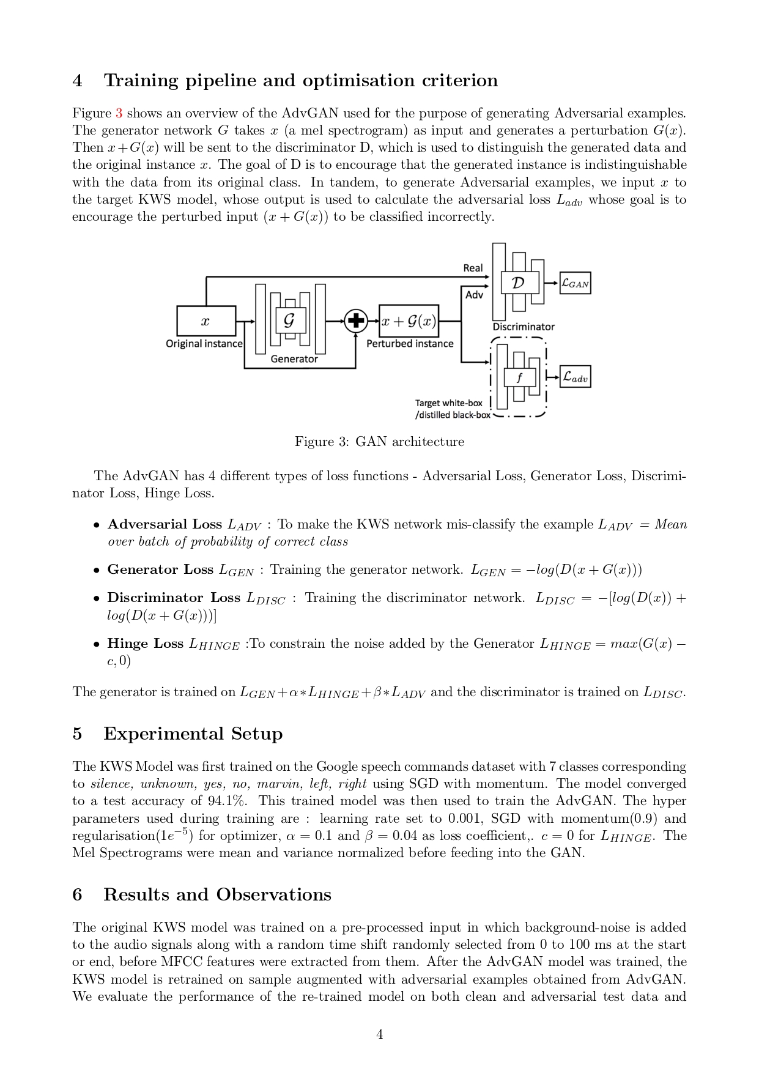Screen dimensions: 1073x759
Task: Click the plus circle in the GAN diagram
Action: pyautogui.click(x=356, y=321)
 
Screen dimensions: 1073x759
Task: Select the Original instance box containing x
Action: pyautogui.click(x=206, y=321)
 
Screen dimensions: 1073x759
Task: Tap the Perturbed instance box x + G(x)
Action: pyautogui.click(x=409, y=321)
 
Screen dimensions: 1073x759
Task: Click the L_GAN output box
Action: pyautogui.click(x=575, y=283)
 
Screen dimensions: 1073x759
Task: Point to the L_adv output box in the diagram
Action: pyautogui.click(x=575, y=377)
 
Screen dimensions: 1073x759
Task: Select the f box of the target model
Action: pyautogui.click(x=519, y=377)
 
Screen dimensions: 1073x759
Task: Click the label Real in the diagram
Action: pyautogui.click(x=473, y=268)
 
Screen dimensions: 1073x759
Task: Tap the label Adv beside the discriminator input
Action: pyautogui.click(x=474, y=295)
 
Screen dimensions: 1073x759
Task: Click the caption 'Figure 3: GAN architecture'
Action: pyautogui.click(x=379, y=442)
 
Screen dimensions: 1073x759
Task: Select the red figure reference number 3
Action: pyautogui.click(x=119, y=113)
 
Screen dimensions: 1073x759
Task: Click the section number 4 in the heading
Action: pyautogui.click(x=77, y=81)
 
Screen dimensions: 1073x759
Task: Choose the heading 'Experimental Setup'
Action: pyautogui.click(x=193, y=733)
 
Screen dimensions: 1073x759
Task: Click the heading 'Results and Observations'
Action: pyautogui.click(x=217, y=894)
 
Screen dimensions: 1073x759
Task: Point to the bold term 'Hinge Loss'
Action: pyautogui.click(x=146, y=644)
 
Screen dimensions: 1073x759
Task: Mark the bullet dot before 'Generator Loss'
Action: pyautogui.click(x=97, y=570)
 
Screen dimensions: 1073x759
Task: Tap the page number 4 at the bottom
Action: pyautogui.click(x=379, y=1034)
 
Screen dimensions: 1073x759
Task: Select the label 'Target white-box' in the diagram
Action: pyautogui.click(x=448, y=403)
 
